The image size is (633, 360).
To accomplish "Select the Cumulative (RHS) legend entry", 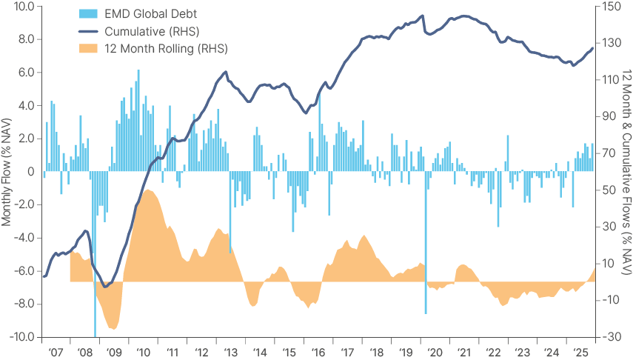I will (x=152, y=30).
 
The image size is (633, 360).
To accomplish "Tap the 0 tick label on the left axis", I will (x=31, y=172).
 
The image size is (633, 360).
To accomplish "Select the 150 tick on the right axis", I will (x=611, y=7).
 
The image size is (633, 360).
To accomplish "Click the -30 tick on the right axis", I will (x=611, y=336).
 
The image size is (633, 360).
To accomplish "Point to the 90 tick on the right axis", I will (x=609, y=117).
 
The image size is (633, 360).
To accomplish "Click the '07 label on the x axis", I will (x=56, y=352).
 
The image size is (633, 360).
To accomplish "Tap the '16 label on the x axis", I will (x=318, y=352).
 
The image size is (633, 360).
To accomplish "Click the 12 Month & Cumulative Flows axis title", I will (x=626, y=171).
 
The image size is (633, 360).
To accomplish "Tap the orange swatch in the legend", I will (x=90, y=48).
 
